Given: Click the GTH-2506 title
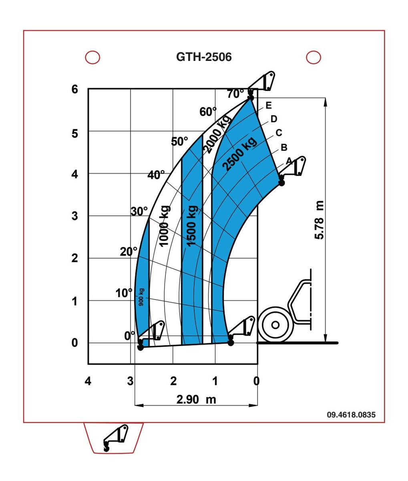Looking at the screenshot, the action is click(204, 57).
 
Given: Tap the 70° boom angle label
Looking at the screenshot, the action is click(235, 94).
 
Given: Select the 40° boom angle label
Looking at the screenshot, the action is click(156, 174).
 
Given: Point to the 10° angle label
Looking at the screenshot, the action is click(124, 293).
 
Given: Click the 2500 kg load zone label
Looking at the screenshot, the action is click(239, 154).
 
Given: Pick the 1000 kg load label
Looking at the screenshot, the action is click(165, 226).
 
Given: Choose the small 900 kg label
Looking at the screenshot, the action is click(141, 297).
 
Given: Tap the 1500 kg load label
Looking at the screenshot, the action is click(192, 226).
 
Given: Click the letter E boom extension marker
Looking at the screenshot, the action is click(269, 105).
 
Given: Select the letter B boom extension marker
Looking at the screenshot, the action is click(284, 147).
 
